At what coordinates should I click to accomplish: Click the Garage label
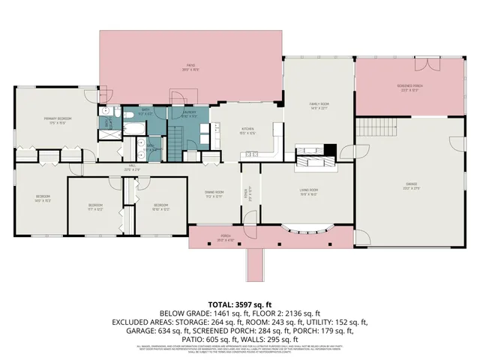(x=411, y=184)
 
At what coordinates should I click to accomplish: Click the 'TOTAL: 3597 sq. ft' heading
(x=240, y=304)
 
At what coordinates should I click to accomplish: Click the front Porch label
(x=225, y=238)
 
